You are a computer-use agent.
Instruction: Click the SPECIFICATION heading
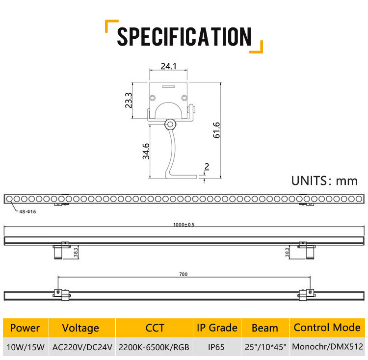[x=184, y=37]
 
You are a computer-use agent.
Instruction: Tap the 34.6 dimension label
[x=145, y=151]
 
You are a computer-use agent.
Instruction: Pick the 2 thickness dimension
[x=206, y=166]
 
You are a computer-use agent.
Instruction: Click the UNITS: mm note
[x=324, y=180]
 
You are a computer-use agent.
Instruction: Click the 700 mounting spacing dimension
[x=184, y=274]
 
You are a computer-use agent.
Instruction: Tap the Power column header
[x=25, y=328]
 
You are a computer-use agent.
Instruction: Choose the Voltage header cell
[x=81, y=328]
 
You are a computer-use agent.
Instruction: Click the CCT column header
[x=155, y=328]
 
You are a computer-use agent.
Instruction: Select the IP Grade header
[x=217, y=328]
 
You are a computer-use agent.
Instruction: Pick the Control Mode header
[x=327, y=328]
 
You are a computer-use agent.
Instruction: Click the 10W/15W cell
[x=25, y=348]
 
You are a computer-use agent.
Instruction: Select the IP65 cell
[x=216, y=348]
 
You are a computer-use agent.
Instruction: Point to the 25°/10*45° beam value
[x=265, y=348]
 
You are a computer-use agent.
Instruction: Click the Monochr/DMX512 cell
[x=327, y=348]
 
